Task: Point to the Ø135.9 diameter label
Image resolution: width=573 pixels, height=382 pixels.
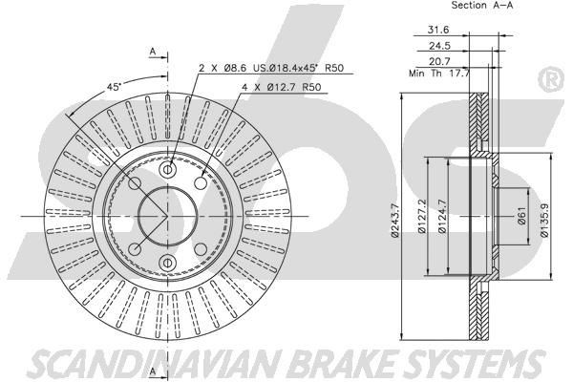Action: click(544, 213)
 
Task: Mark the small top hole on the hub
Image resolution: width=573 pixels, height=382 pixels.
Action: click(167, 167)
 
